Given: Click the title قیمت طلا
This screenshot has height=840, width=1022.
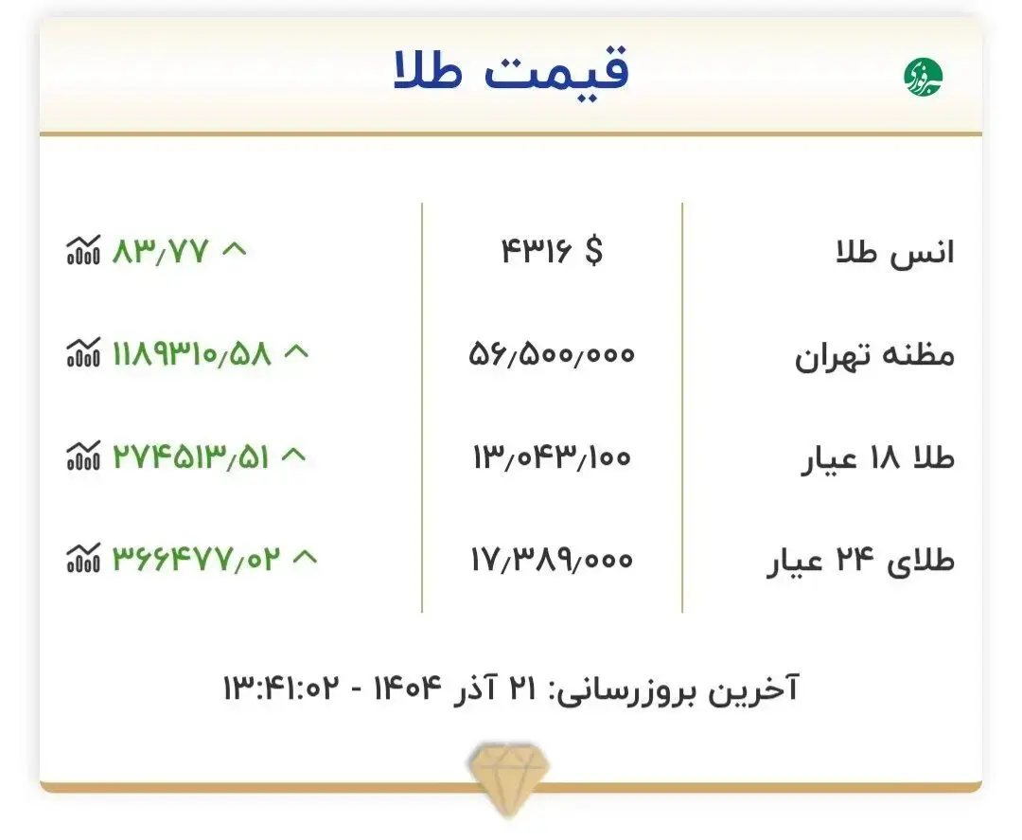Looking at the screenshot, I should (511, 71).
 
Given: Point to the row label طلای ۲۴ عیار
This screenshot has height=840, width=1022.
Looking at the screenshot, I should (859, 562).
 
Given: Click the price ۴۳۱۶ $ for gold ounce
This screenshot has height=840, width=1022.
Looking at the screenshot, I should (552, 251).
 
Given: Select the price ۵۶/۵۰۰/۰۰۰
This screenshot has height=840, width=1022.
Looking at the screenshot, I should (552, 355).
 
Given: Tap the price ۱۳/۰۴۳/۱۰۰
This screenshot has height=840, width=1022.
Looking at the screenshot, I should (552, 457).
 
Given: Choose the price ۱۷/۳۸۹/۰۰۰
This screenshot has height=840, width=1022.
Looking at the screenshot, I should (552, 561).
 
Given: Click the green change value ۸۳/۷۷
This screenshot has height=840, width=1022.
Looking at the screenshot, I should (160, 251).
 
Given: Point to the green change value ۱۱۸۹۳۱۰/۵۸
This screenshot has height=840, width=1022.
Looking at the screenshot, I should (192, 354).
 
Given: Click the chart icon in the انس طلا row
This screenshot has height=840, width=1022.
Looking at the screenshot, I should (82, 251).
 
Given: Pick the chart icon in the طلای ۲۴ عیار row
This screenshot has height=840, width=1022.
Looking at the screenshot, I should (82, 560).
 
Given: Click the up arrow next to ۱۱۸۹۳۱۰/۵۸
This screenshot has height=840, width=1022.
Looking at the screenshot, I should (296, 352).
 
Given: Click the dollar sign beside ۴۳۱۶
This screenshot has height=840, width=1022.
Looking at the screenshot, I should (592, 251).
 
